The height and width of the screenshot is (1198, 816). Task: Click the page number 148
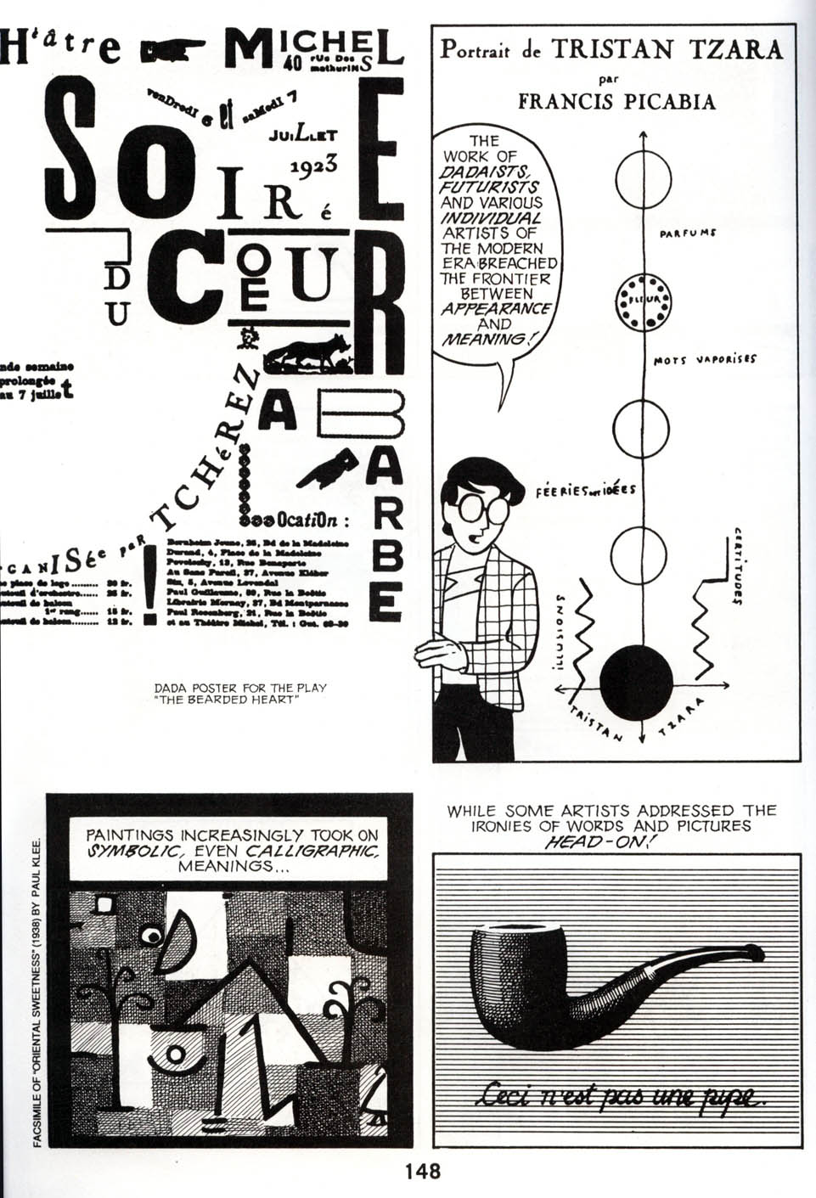pyautogui.click(x=422, y=1172)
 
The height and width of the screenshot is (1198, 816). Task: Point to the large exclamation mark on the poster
pyautogui.click(x=150, y=585)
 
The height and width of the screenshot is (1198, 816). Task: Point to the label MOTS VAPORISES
pyautogui.click(x=705, y=359)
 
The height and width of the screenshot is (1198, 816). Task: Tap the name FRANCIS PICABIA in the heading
pyautogui.click(x=616, y=103)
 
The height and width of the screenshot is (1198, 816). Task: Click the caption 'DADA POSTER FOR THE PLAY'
pyautogui.click(x=240, y=688)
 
